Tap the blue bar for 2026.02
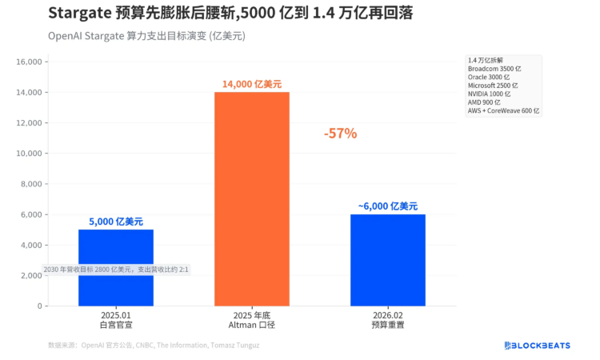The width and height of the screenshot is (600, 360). (x=388, y=260)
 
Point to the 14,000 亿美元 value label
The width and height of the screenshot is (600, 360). (x=252, y=84)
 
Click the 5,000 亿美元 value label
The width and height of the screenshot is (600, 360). (x=116, y=222)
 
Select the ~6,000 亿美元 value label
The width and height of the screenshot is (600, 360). (x=388, y=206)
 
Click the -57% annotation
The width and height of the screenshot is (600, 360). (x=340, y=134)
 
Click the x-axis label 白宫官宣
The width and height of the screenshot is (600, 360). (x=116, y=326)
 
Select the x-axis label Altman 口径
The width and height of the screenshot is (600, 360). (x=252, y=326)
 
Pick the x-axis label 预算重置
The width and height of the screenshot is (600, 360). (x=388, y=326)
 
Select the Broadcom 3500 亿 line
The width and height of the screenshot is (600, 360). (x=494, y=69)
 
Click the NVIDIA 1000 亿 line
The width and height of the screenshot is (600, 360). (x=489, y=94)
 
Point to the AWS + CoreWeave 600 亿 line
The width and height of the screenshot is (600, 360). (x=503, y=110)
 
